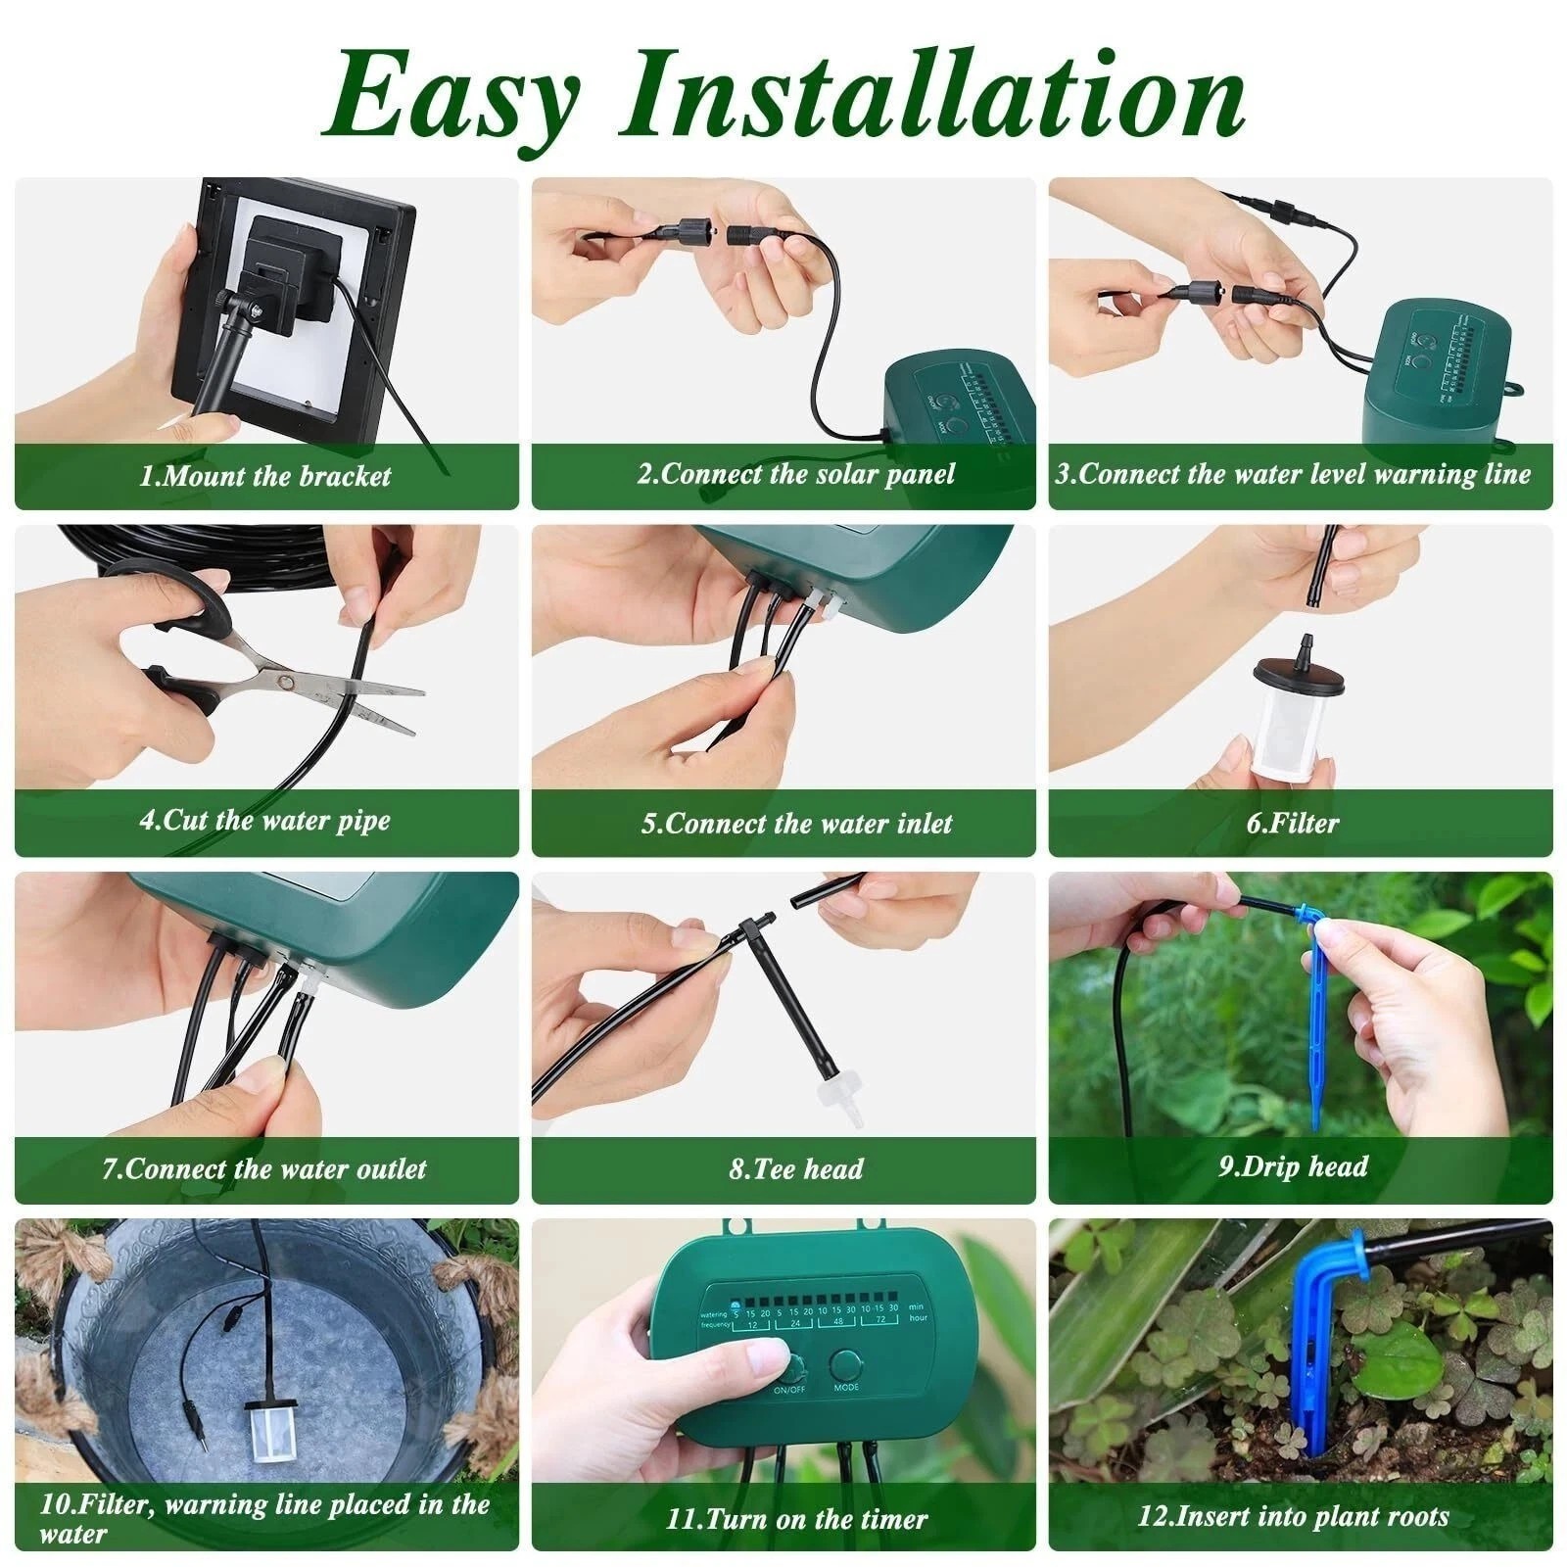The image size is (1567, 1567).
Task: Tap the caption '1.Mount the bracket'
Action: (x=265, y=477)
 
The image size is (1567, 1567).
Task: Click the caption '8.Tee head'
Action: (x=796, y=1168)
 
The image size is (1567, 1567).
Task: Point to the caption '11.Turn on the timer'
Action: (x=796, y=1519)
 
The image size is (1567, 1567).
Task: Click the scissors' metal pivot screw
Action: (x=285, y=679)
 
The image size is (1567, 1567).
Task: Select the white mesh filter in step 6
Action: (x=1291, y=724)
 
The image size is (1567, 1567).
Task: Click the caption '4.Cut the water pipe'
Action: (x=265, y=821)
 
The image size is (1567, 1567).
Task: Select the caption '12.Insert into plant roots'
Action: (x=1293, y=1517)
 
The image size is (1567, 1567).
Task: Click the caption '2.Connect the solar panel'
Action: (x=796, y=475)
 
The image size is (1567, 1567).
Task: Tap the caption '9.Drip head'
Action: (x=1293, y=1166)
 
